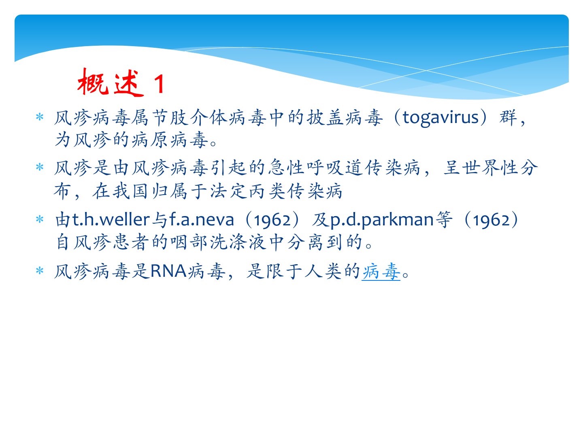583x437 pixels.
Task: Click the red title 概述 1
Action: tap(121, 83)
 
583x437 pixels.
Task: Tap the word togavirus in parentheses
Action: tap(440, 118)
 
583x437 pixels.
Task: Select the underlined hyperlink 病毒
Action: tap(381, 272)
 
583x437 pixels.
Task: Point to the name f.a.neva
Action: tap(202, 220)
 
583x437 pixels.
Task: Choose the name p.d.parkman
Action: tap(382, 220)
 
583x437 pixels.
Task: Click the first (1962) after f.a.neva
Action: tap(273, 220)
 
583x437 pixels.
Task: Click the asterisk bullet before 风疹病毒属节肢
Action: tap(40, 117)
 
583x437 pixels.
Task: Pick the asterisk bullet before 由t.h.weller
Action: tap(40, 219)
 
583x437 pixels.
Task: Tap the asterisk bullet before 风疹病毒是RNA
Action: tap(40, 271)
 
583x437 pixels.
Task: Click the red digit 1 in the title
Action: tap(160, 84)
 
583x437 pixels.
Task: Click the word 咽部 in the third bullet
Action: tap(189, 242)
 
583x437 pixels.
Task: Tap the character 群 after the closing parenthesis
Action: tap(508, 118)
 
